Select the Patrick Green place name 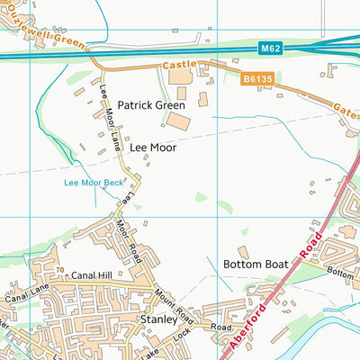[150, 105]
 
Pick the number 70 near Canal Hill [59, 270]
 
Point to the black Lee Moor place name [152, 146]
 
